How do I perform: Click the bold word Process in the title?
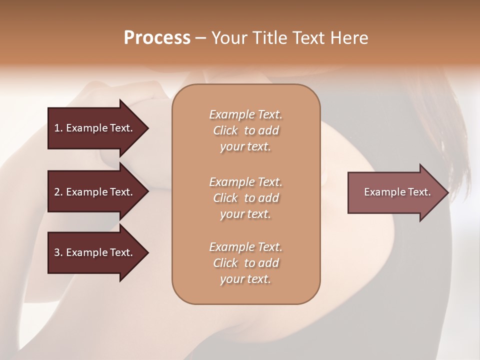click(157, 38)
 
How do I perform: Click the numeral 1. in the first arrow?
click(58, 128)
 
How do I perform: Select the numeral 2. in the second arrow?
click(58, 192)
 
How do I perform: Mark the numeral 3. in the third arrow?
click(58, 252)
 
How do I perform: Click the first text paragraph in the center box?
click(245, 130)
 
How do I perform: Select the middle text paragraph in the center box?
click(245, 198)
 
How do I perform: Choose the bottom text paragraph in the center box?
click(245, 263)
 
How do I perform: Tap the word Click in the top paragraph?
click(225, 131)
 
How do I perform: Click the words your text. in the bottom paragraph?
click(245, 279)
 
